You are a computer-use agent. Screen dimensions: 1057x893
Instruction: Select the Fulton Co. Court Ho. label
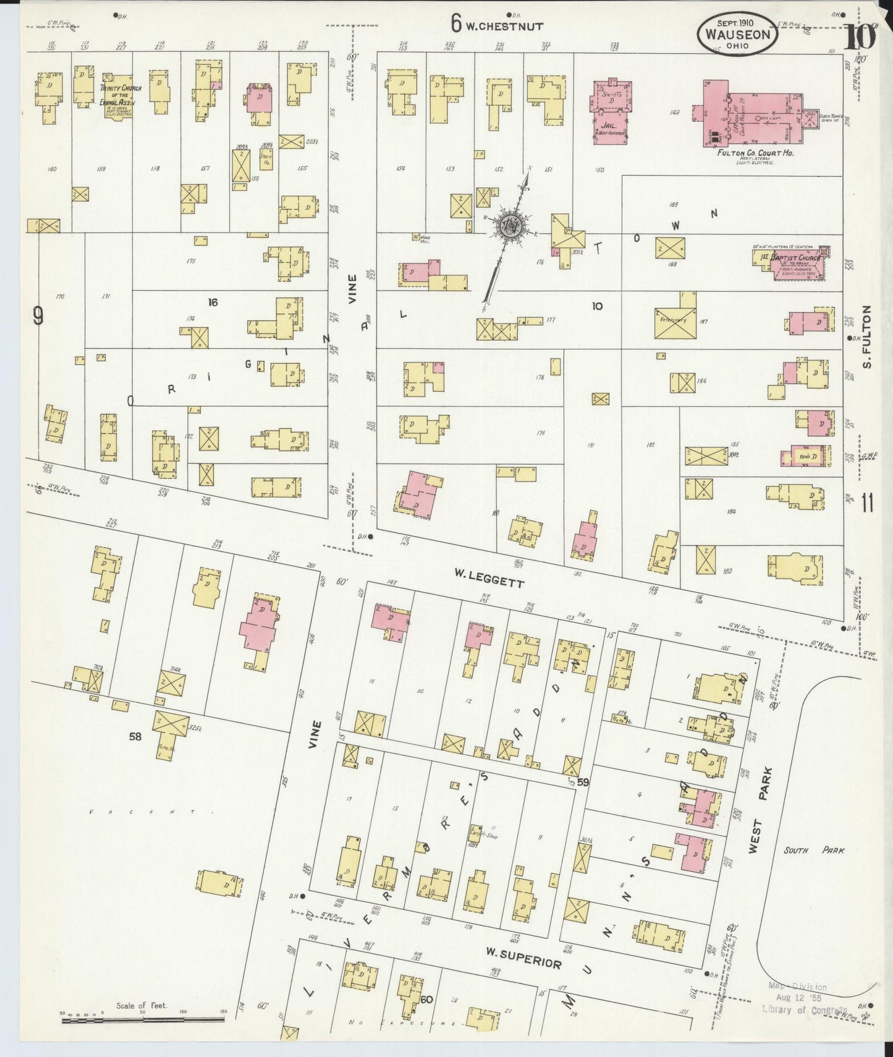click(755, 153)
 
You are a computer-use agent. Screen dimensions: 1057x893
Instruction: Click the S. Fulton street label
click(867, 337)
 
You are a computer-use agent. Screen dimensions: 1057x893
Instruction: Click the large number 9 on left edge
click(38, 317)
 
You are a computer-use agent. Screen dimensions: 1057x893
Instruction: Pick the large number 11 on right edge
click(866, 504)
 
